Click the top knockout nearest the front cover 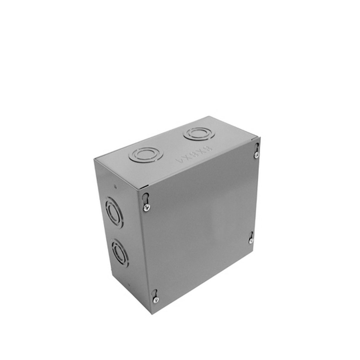[142, 155]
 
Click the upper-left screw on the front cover [146, 209]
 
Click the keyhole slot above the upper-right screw [257, 146]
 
